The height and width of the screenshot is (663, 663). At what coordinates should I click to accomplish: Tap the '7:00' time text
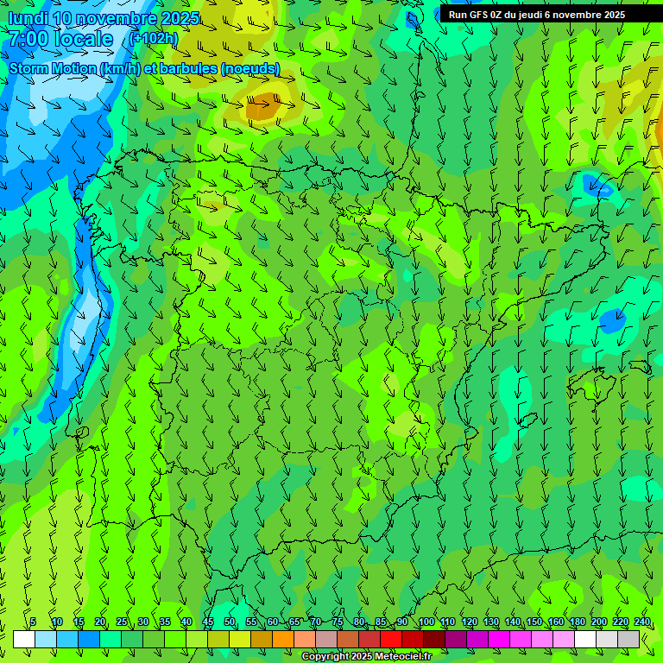pyautogui.click(x=31, y=40)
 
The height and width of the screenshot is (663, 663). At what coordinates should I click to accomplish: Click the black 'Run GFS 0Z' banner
pyautogui.click(x=549, y=14)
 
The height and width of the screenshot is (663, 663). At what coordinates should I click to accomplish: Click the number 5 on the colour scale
pyautogui.click(x=33, y=622)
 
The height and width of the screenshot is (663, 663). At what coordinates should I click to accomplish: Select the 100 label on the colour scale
pyautogui.click(x=426, y=622)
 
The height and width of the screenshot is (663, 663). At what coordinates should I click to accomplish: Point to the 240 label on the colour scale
pyautogui.click(x=642, y=622)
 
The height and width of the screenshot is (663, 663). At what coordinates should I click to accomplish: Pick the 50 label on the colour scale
pyautogui.click(x=230, y=622)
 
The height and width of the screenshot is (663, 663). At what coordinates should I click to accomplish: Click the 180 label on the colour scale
pyautogui.click(x=578, y=622)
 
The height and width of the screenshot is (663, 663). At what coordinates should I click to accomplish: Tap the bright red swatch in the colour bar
pyautogui.click(x=391, y=639)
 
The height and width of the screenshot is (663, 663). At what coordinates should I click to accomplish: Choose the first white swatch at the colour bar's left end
pyautogui.click(x=24, y=639)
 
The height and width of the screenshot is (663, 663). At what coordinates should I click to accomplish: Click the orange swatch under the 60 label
pyautogui.click(x=283, y=639)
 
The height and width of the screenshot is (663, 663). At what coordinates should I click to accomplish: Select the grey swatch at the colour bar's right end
pyautogui.click(x=628, y=639)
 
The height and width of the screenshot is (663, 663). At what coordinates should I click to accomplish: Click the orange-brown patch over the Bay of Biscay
pyautogui.click(x=262, y=107)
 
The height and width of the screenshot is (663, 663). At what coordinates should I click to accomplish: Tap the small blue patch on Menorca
pyautogui.click(x=612, y=321)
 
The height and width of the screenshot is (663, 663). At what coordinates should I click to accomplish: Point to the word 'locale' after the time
pyautogui.click(x=86, y=40)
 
